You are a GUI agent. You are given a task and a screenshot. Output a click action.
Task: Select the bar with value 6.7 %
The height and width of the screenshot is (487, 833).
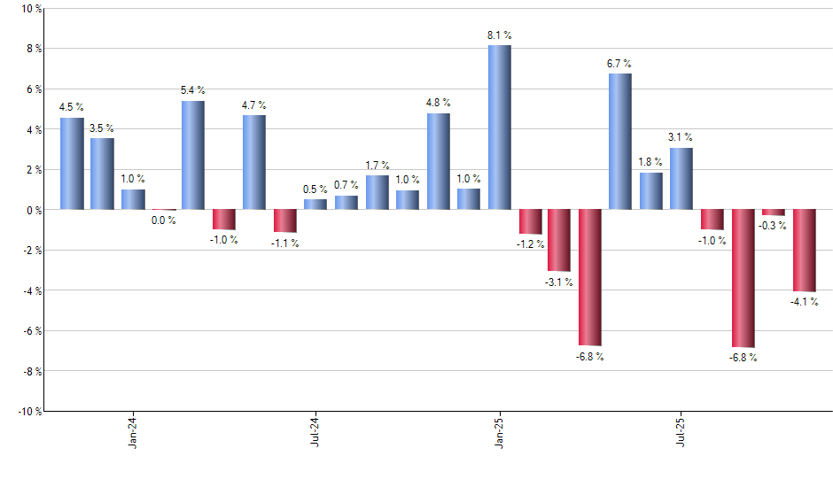point(620,142)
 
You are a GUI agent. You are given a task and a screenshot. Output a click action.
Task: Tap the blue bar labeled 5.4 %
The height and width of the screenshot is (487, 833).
point(193,155)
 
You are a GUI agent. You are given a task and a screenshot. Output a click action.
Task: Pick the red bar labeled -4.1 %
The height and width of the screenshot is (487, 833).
point(804,251)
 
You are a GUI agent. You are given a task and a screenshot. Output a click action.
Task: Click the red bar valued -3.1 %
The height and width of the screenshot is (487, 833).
point(560,240)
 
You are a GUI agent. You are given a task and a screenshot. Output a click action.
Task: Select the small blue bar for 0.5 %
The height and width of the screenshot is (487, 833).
point(315,205)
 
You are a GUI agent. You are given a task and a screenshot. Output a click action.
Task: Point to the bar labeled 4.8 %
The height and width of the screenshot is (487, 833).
point(438,161)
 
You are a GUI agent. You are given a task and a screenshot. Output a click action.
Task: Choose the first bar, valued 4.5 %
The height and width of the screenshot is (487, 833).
point(72,164)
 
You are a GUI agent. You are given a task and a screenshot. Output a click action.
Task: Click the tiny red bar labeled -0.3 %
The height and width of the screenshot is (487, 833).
point(774,213)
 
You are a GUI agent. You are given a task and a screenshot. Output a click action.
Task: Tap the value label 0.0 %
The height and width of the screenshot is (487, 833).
point(164,220)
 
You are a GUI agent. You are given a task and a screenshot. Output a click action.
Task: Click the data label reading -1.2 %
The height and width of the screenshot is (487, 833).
point(530,243)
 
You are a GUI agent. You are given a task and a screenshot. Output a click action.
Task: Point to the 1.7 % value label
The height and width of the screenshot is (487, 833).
point(378,166)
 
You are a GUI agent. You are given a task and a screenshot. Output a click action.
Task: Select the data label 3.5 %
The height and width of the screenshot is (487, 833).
point(102,128)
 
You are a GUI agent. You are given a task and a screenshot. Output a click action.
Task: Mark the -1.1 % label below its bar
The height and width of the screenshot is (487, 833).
point(285,243)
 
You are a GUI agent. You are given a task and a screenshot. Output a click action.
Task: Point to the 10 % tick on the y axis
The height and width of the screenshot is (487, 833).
point(30,9)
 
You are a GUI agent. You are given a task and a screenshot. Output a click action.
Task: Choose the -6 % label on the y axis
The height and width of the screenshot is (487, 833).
point(30,330)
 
